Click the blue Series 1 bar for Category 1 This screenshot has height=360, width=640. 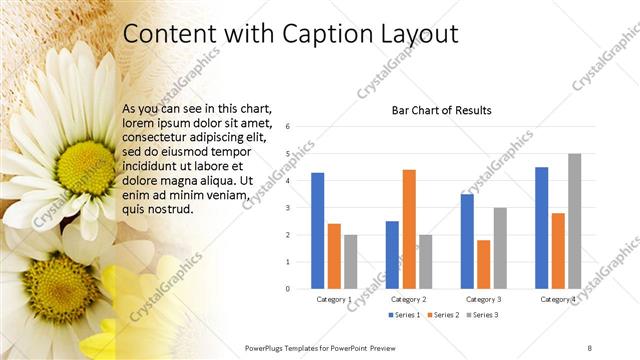317,231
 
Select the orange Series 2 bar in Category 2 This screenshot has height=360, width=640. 408,229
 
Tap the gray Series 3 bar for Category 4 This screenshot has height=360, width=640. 574,221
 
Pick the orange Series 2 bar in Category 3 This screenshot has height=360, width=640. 483,264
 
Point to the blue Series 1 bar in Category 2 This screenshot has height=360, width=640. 392,255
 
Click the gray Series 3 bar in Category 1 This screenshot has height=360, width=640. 350,261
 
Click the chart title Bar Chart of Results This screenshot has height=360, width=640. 441,110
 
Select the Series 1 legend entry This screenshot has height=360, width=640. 404,315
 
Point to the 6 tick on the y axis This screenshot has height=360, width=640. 287,127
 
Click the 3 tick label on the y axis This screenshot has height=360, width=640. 287,208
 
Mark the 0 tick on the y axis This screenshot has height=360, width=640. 287,289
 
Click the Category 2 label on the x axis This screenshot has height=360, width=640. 408,299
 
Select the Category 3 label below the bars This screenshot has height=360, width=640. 483,299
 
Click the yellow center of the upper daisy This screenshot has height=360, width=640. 88,160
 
